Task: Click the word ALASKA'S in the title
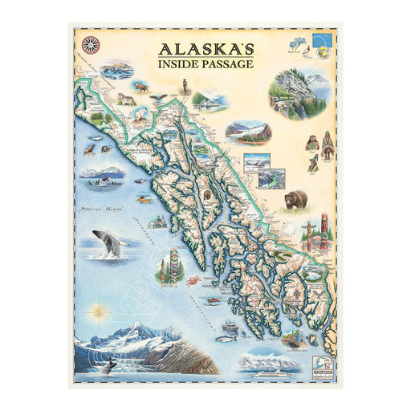(205, 47)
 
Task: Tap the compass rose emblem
(90, 44)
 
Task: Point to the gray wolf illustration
(126, 99)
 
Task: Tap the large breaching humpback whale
(108, 243)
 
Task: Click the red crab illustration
(193, 281)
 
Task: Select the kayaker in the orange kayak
(144, 197)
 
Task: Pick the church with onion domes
(159, 222)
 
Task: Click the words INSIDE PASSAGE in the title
(205, 63)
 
